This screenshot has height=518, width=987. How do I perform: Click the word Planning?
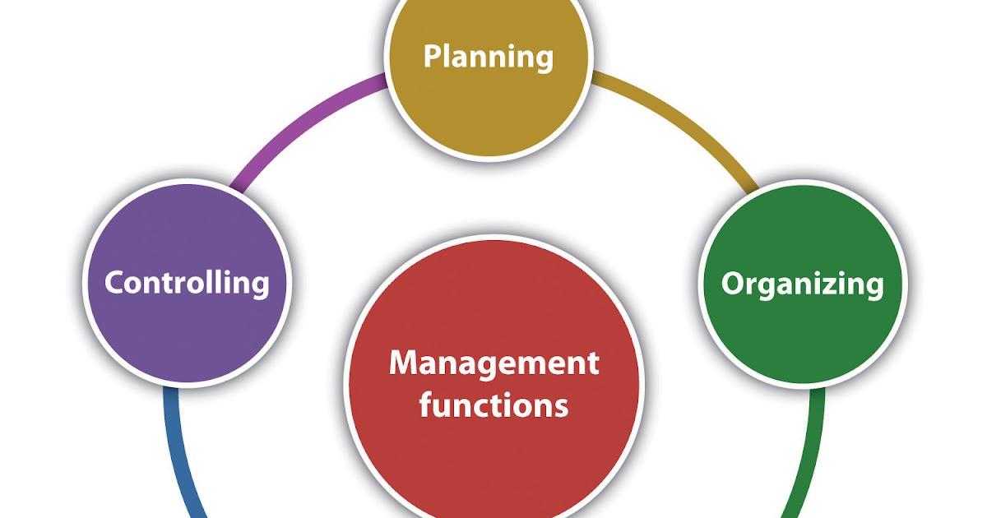(x=488, y=58)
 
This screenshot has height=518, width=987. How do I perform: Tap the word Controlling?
(x=187, y=284)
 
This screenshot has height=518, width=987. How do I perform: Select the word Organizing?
(x=802, y=284)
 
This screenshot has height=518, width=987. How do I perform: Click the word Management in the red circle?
(x=493, y=363)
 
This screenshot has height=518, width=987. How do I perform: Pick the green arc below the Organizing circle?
(x=810, y=452)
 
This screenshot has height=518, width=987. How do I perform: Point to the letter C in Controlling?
(x=115, y=284)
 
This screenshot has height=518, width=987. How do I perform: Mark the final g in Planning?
(x=542, y=61)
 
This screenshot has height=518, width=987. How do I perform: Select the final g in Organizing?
(x=873, y=288)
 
